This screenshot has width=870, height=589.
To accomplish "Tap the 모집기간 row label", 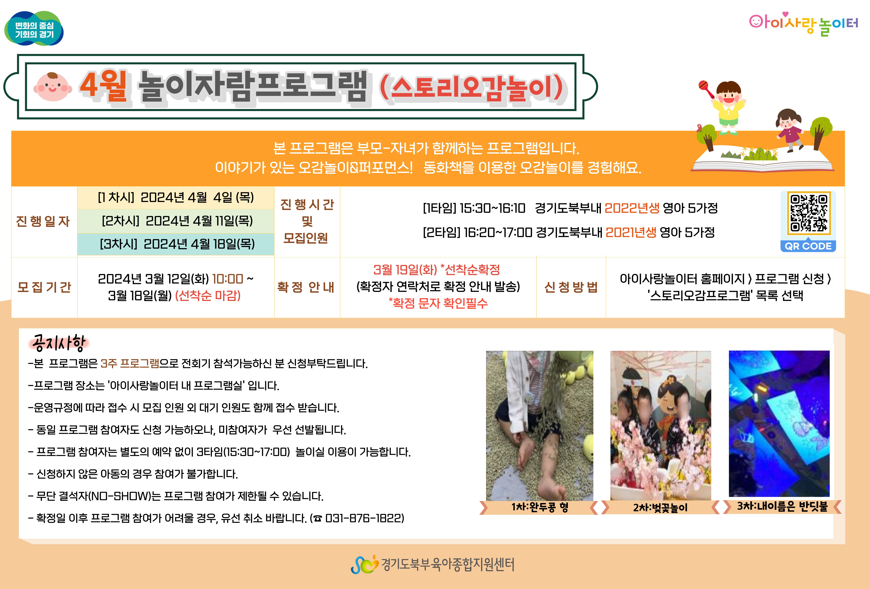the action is pos(44,287).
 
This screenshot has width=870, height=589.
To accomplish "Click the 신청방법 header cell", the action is pos(571,287).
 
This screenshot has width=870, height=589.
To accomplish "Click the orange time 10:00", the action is pos(228,279).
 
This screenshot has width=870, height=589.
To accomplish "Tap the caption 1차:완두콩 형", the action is pos(540,507).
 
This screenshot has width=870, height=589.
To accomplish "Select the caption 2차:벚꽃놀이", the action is pos(660,508).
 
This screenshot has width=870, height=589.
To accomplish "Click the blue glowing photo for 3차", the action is pos(779,424).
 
